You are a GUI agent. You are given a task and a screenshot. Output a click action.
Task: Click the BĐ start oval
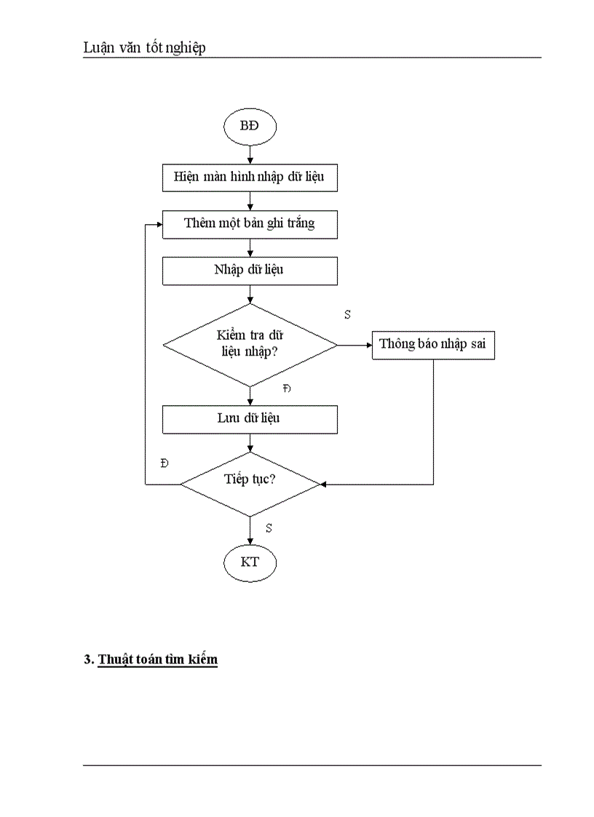coord(250,126)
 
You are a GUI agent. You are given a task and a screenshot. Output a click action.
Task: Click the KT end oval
coord(250,562)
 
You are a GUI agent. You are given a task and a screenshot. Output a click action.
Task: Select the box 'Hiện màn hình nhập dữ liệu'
coord(250,178)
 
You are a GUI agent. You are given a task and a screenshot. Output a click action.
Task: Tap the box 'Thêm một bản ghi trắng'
coord(250,223)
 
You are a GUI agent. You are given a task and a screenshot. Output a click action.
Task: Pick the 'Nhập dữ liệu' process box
coord(250,271)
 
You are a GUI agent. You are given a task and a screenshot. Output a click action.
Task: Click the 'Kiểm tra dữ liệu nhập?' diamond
coord(250,345)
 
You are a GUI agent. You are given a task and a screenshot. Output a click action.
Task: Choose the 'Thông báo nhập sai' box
coord(433,345)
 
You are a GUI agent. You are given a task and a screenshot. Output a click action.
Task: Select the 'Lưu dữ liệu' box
coord(250,419)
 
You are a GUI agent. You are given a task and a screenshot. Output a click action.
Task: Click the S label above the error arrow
coord(347,314)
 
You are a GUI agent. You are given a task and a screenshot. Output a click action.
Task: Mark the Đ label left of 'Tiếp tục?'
coord(165,463)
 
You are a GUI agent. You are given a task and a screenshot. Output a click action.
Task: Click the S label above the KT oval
coord(269,528)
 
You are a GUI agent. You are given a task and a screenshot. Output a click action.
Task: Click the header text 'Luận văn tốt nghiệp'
coord(144,48)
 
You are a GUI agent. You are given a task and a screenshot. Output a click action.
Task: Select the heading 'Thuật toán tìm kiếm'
coord(157,660)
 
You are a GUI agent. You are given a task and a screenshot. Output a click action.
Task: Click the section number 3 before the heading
coord(87,660)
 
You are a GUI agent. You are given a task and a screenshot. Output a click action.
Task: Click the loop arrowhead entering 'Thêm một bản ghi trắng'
coord(158,223)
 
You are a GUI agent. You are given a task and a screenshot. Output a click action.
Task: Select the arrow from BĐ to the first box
coord(250,154)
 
